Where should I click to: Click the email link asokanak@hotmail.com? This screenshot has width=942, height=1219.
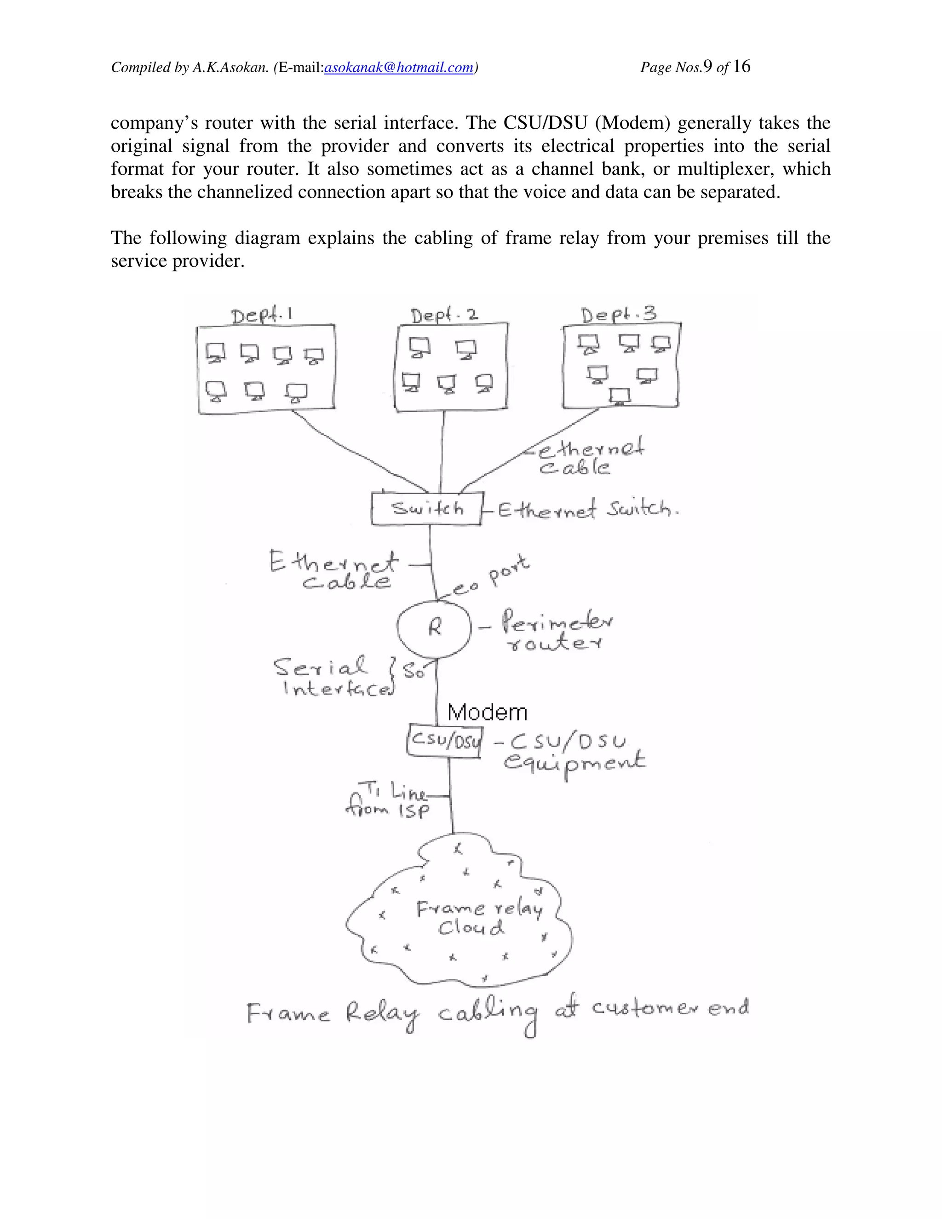(398, 68)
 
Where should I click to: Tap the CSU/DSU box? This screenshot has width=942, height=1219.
(444, 741)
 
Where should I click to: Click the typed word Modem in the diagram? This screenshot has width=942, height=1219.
(487, 713)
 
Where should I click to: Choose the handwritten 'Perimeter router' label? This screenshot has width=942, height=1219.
(555, 632)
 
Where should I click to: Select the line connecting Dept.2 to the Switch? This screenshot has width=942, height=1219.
(442, 452)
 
